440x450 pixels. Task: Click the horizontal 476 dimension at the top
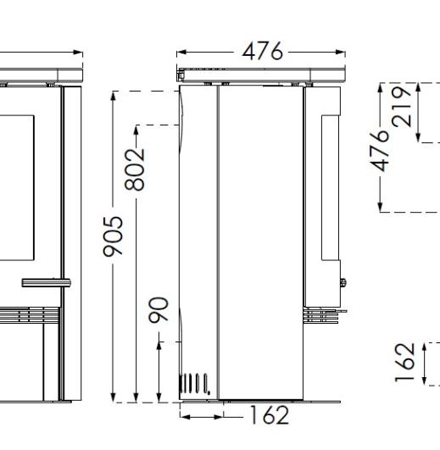point(262,52)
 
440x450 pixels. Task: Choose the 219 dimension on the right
point(405,105)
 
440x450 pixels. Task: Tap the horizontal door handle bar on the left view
point(45,281)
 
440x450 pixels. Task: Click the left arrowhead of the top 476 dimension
point(181,53)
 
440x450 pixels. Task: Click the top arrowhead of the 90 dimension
point(159,341)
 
